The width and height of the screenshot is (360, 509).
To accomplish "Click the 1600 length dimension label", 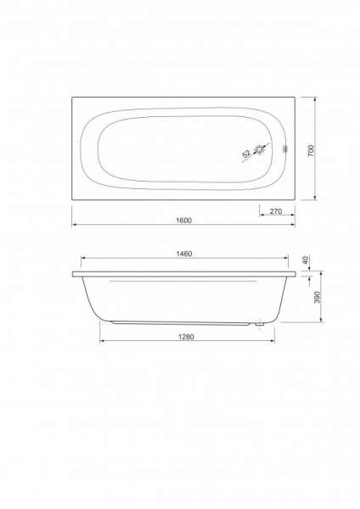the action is coord(184,220).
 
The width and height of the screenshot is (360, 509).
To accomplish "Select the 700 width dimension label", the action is coord(311,151).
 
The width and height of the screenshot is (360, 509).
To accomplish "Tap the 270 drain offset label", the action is coord(276,211).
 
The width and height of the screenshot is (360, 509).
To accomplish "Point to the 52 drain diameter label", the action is coord(246,154).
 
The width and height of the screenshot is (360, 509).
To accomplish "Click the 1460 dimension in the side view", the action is coord(184,254).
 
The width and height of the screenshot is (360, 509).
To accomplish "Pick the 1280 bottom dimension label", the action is coord(186,337).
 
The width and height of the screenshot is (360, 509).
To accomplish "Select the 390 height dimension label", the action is coord(318,297).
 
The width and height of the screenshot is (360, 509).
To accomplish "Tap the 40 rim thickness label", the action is coord(305,260).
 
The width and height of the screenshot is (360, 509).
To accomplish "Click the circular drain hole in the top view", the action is coord(260,149).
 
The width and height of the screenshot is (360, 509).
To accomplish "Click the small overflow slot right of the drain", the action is coord(285,149).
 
